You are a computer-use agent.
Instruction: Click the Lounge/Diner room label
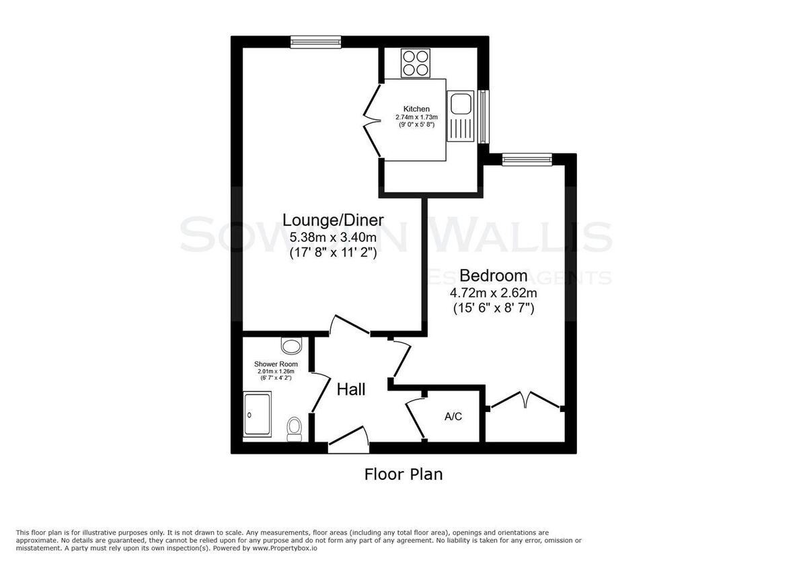(333, 220)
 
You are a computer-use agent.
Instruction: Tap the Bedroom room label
(493, 275)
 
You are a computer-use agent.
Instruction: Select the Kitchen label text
(416, 109)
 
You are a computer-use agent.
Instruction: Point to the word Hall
(351, 389)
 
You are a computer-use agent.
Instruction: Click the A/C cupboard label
(453, 417)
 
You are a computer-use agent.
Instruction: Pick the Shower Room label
(276, 364)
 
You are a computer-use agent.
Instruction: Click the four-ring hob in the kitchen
(415, 63)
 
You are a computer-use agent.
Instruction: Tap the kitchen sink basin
(461, 105)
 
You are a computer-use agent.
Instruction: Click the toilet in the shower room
(294, 428)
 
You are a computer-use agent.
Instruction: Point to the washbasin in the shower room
(291, 346)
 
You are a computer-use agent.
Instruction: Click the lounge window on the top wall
(315, 42)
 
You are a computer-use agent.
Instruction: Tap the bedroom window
(527, 159)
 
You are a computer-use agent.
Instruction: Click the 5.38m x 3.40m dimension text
(333, 237)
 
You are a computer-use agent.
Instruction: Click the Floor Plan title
(403, 474)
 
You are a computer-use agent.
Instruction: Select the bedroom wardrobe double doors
(525, 400)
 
